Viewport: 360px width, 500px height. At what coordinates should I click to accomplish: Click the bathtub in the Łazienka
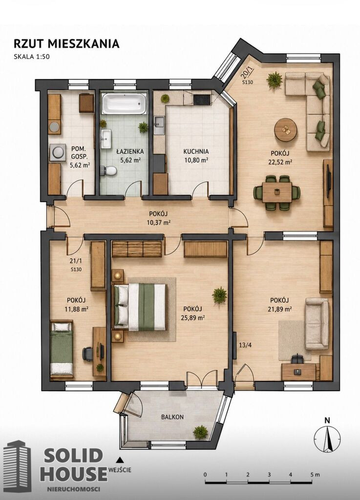pos(124,103)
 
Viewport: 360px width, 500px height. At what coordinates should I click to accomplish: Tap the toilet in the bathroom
pos(108,170)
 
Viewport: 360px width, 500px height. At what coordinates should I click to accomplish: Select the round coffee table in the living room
pos(286,129)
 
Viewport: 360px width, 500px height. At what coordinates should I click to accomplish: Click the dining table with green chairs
pos(277,192)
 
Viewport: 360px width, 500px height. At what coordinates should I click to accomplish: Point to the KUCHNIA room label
pos(196,152)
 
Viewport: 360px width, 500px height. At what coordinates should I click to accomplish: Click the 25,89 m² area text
pos(194,318)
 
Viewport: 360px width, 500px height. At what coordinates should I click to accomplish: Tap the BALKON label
pos(172,417)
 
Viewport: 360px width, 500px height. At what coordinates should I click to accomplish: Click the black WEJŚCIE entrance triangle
pos(120,459)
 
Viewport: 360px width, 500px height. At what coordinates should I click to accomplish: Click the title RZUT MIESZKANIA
pos(66,43)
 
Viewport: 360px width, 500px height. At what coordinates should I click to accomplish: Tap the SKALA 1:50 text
pos(32,57)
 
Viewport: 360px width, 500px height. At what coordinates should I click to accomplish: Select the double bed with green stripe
pos(140,307)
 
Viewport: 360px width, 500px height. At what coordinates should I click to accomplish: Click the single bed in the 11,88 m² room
pos(62,349)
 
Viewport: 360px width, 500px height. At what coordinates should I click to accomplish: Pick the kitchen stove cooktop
pos(202,100)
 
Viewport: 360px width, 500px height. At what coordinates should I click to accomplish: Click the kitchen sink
pos(159,125)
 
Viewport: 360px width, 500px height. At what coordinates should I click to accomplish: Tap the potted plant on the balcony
pos(200,432)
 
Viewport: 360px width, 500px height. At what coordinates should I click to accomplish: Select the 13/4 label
pos(245,345)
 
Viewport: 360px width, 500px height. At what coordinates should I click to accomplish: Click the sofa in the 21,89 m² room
pos(317,324)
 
